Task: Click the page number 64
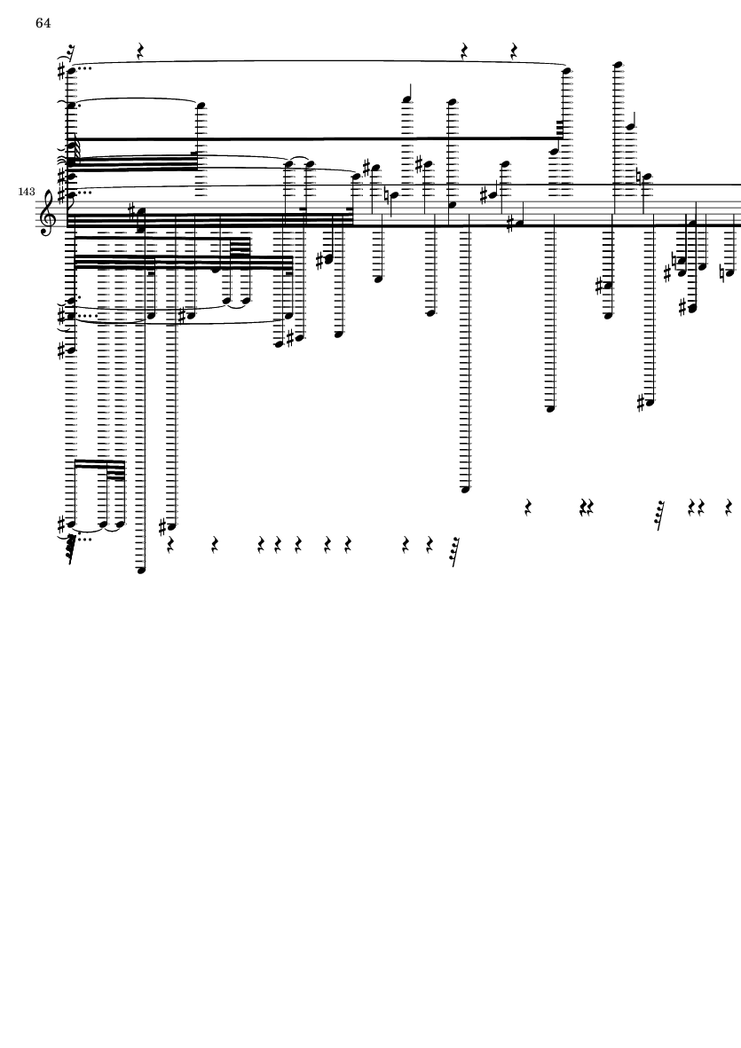tap(43, 23)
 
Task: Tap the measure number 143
tap(27, 192)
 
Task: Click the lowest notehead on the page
tap(141, 570)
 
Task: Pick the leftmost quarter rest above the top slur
tap(140, 51)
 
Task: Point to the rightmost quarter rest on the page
tap(729, 508)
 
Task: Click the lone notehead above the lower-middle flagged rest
tap(467, 489)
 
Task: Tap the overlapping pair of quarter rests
tap(587, 508)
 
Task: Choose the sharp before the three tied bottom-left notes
tap(63, 524)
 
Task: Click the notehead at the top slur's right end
tap(567, 69)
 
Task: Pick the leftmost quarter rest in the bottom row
tap(170, 546)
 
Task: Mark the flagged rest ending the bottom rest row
tap(455, 552)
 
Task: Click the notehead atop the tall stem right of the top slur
tap(619, 65)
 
